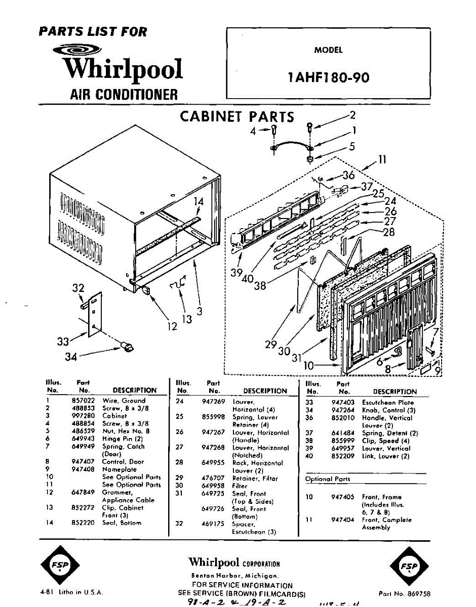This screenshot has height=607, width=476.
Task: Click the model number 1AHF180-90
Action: tap(328, 77)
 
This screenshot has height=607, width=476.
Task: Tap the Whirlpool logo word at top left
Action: tap(123, 69)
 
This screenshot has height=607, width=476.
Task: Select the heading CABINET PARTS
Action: tap(237, 117)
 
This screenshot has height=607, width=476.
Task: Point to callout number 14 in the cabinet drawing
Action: tap(199, 202)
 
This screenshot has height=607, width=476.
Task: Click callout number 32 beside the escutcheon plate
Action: tap(78, 288)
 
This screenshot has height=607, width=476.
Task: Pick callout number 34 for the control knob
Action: tap(71, 357)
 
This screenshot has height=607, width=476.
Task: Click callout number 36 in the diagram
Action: tap(348, 176)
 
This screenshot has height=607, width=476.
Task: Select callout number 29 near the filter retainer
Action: tap(270, 345)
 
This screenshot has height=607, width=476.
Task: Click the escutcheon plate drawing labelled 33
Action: tap(94, 314)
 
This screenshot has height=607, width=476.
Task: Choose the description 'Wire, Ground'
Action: tap(124, 401)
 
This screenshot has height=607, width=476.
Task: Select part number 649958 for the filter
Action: tap(214, 486)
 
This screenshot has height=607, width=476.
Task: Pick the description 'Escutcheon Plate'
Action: tap(387, 403)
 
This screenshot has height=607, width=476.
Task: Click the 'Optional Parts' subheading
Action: tap(327, 479)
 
